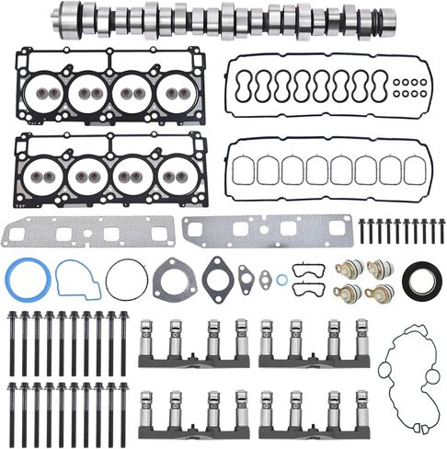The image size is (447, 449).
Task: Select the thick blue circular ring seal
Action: pos(25,280)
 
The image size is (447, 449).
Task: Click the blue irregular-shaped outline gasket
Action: pos(77,280)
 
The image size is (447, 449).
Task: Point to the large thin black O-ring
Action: pos(125,279)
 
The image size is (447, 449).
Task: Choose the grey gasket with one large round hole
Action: pos(175,278)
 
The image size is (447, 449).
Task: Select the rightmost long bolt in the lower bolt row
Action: pos(122,409)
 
